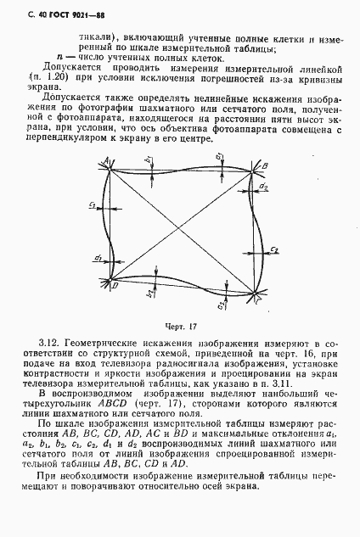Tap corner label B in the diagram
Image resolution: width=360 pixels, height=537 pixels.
tap(265, 165)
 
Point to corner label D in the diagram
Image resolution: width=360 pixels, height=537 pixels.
tap(114, 286)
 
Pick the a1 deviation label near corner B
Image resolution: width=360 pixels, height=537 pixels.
tap(220, 157)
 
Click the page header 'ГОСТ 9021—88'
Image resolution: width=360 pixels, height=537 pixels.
tap(59, 13)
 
